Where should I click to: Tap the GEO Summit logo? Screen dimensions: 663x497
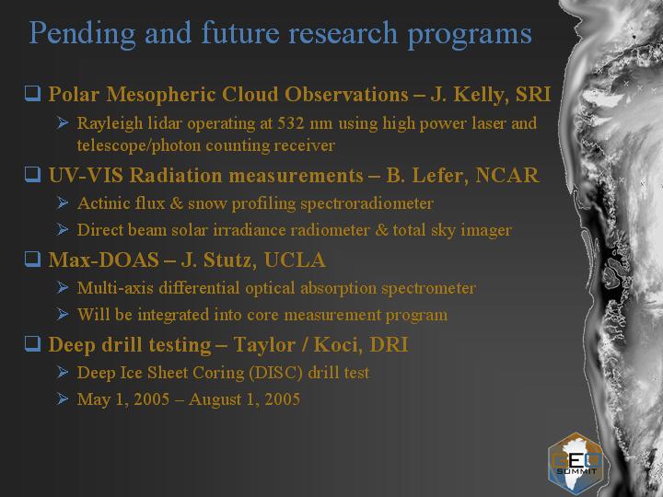click(x=576, y=464)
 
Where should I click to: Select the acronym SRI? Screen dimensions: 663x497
click(x=533, y=94)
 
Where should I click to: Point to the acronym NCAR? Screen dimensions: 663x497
click(x=507, y=175)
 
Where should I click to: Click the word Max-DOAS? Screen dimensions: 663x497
click(x=103, y=260)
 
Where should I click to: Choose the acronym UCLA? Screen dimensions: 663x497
click(x=295, y=260)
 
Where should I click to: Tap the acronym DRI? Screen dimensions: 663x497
click(x=389, y=344)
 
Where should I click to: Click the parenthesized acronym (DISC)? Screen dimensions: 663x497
click(x=276, y=373)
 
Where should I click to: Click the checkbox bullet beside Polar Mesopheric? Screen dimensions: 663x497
click(x=32, y=93)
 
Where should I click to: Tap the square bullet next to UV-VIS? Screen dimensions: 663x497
click(x=32, y=174)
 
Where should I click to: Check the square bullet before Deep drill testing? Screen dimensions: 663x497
click(x=32, y=343)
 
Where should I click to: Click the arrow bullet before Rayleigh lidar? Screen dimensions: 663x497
click(x=63, y=123)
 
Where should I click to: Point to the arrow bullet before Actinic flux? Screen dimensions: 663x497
click(x=63, y=202)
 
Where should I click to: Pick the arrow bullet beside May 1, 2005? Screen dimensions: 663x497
click(x=63, y=399)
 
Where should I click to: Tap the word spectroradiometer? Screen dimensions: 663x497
click(x=366, y=203)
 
